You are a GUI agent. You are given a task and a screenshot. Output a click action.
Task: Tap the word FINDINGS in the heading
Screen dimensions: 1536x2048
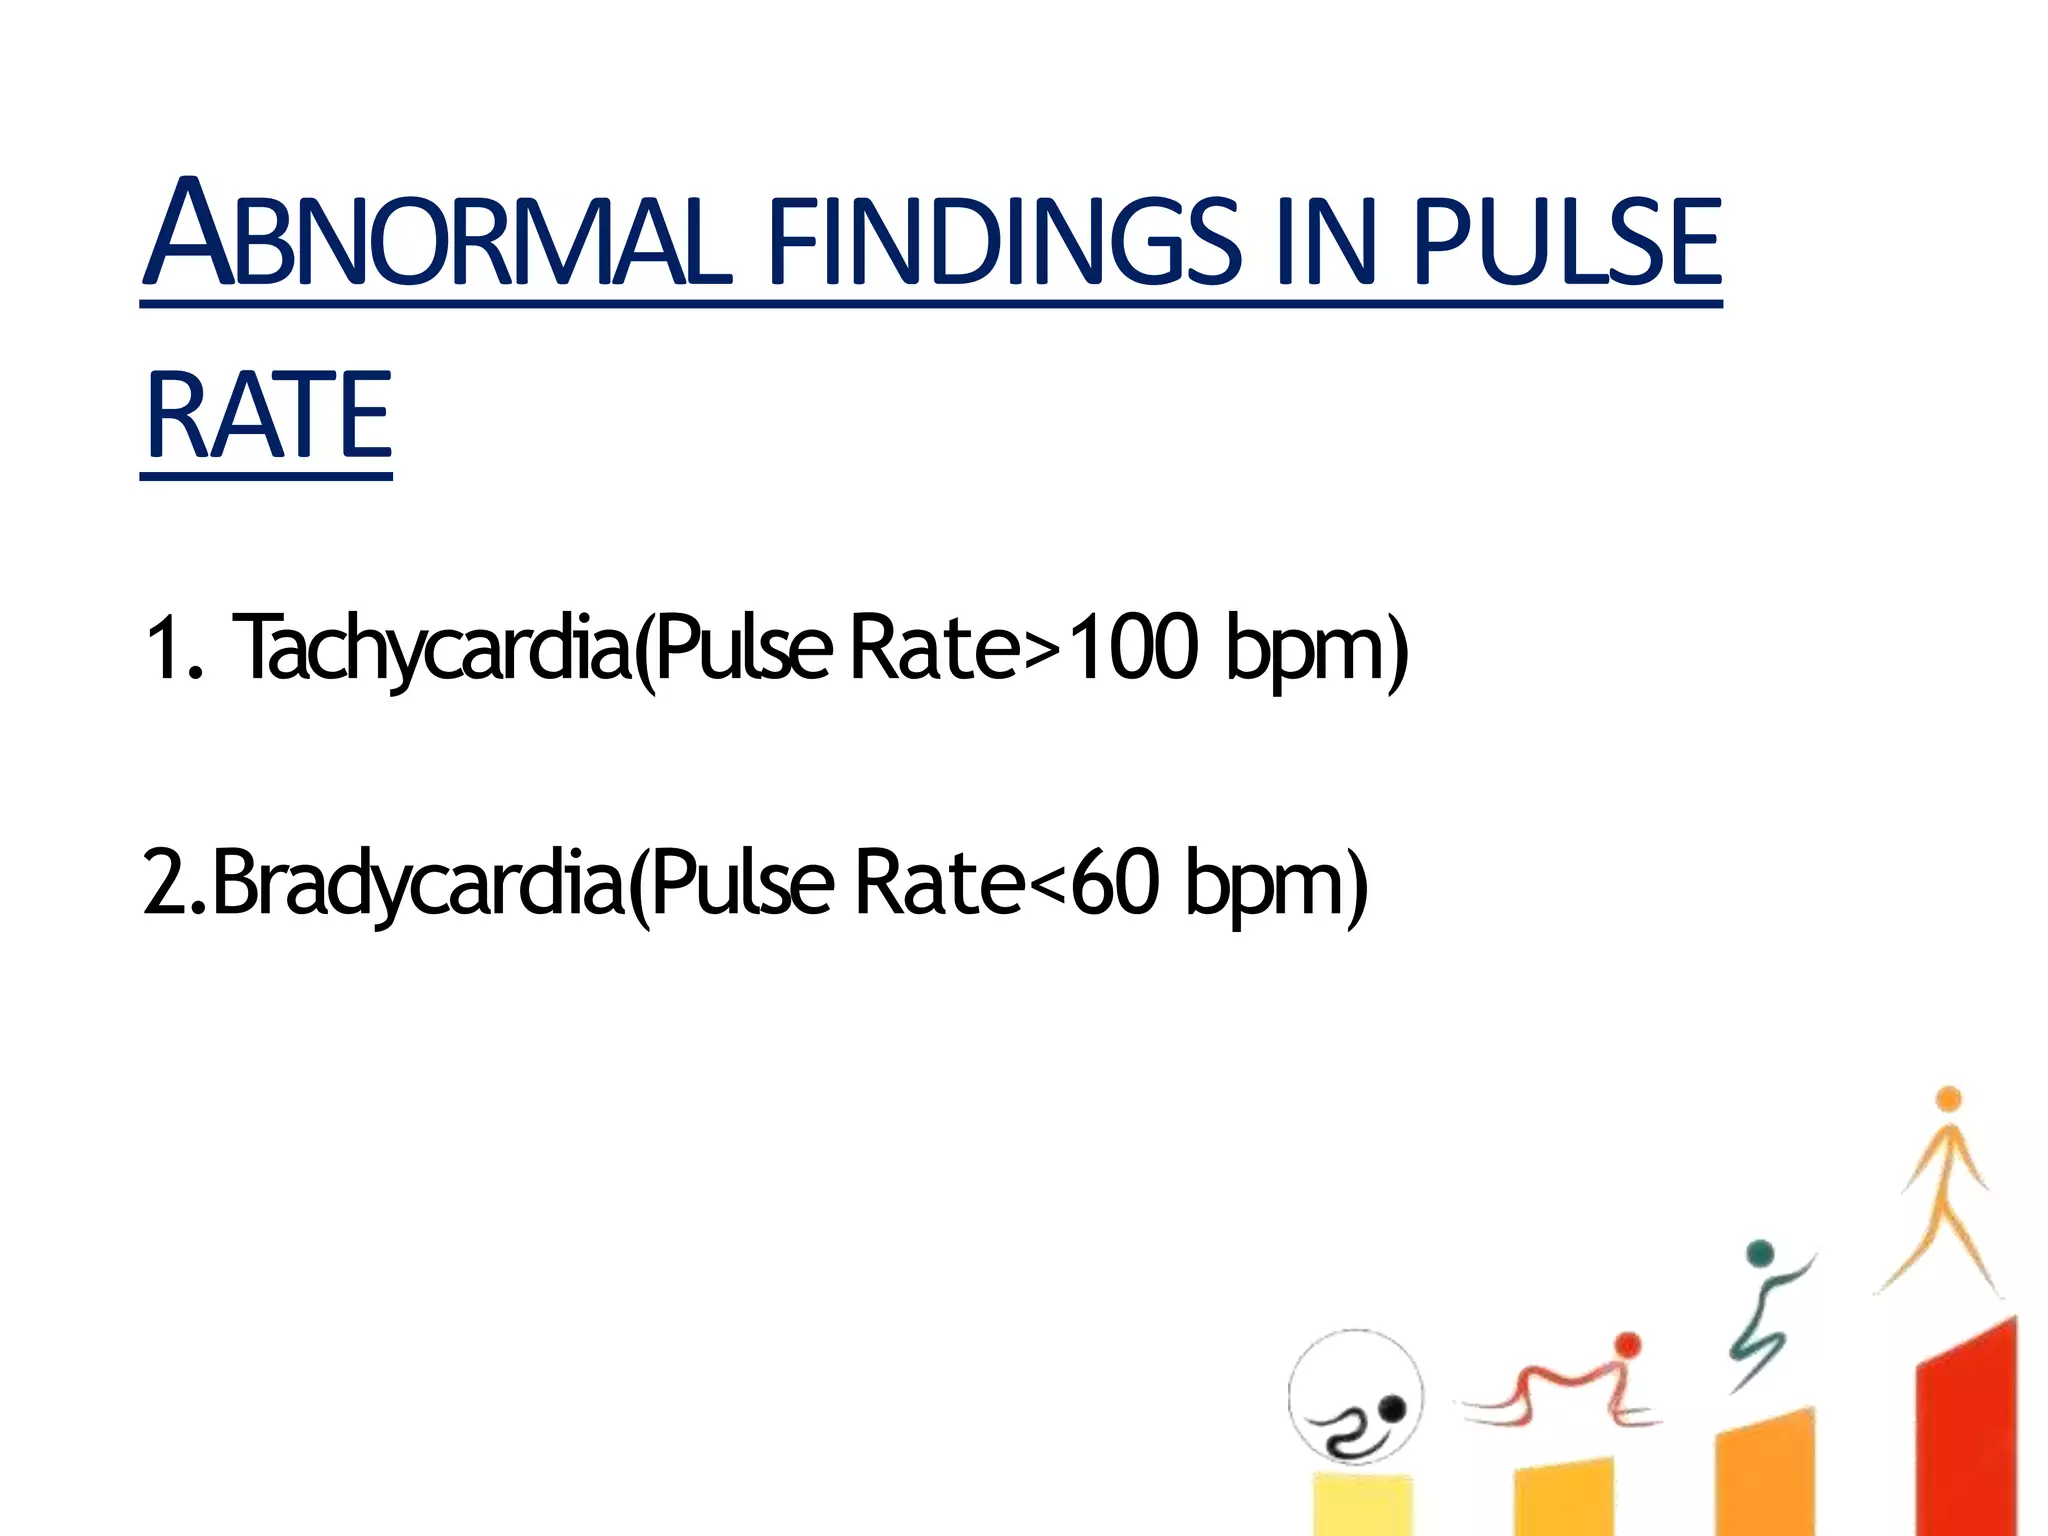pyautogui.click(x=1005, y=240)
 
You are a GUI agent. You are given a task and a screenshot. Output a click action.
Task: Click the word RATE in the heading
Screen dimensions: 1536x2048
pyautogui.click(x=268, y=415)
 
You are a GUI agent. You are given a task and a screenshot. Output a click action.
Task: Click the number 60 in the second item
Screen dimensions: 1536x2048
pyautogui.click(x=1115, y=882)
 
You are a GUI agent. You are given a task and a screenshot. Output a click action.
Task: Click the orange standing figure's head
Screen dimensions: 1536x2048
pyautogui.click(x=1948, y=1100)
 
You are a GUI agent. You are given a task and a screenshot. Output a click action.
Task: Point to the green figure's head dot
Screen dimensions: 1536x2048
pyautogui.click(x=1760, y=1254)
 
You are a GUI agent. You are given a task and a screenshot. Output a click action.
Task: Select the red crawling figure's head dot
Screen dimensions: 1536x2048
pyautogui.click(x=1627, y=1345)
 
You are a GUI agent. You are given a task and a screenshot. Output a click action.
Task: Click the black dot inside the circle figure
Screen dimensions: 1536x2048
pyautogui.click(x=1392, y=1409)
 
